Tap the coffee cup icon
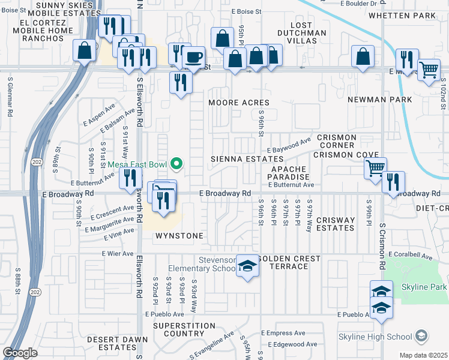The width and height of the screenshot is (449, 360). pyautogui.click(x=193, y=57)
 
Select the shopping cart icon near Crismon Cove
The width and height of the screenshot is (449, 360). pyautogui.click(x=375, y=168)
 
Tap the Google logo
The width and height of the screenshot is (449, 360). pyautogui.click(x=20, y=353)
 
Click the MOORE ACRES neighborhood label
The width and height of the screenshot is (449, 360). pyautogui.click(x=239, y=103)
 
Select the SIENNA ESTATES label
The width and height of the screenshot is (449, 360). pyautogui.click(x=247, y=159)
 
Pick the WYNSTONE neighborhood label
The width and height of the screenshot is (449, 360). pyautogui.click(x=179, y=236)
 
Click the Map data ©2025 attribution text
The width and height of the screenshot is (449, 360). pyautogui.click(x=424, y=355)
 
